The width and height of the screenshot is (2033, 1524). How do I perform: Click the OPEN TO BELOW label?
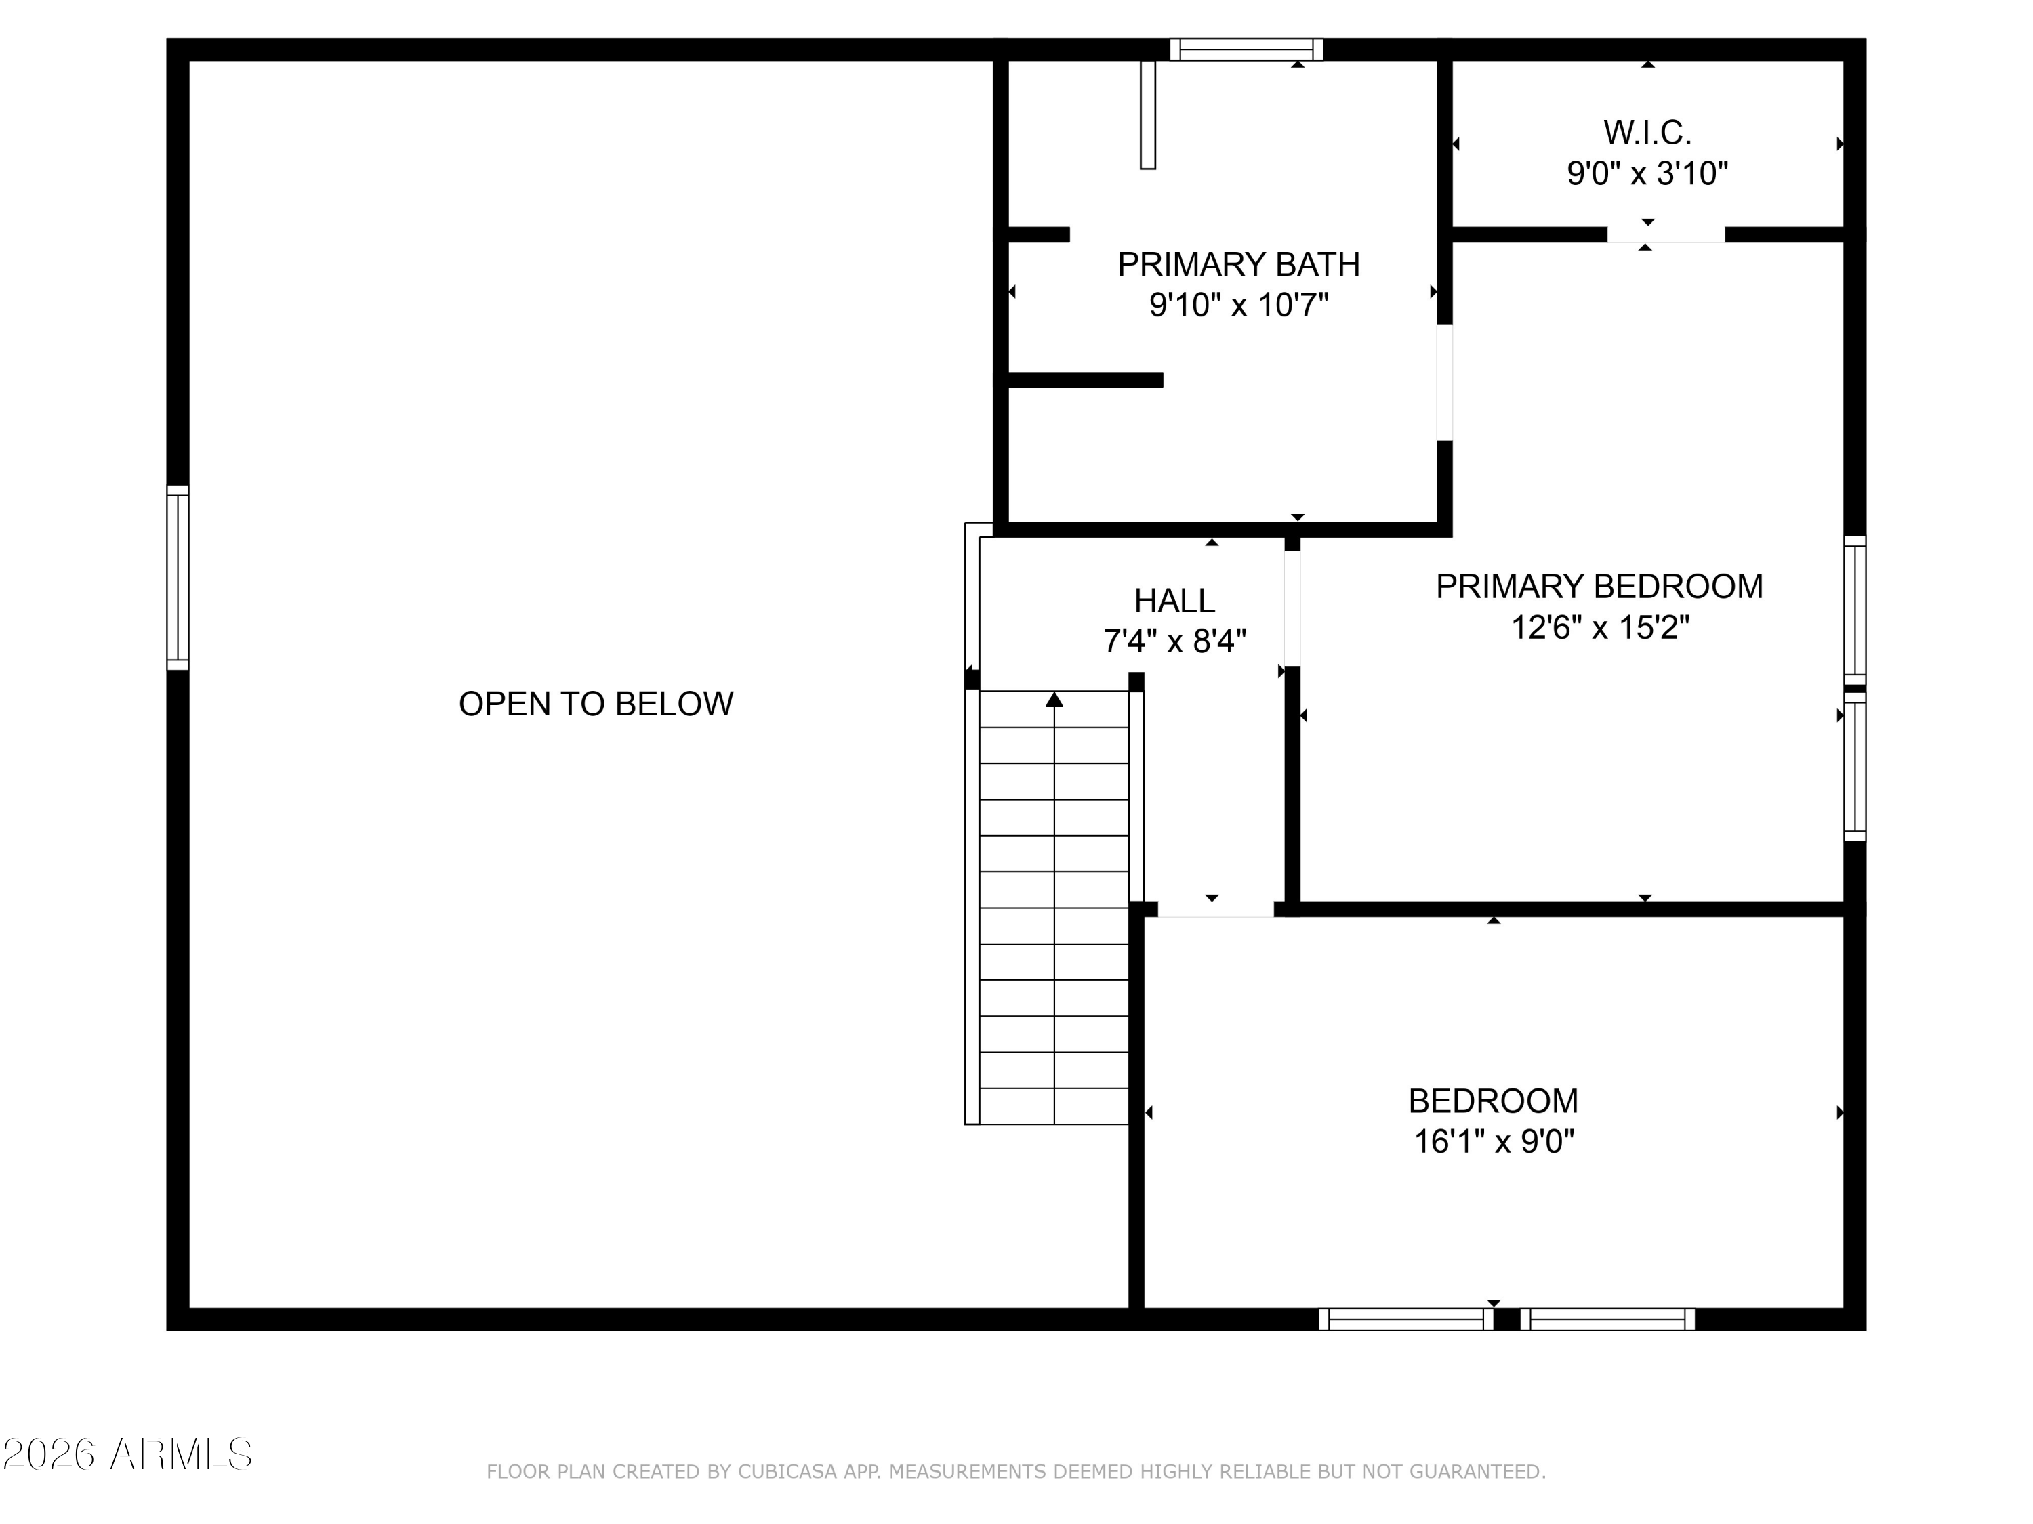coord(596,704)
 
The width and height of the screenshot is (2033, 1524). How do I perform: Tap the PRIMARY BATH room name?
coord(1238,265)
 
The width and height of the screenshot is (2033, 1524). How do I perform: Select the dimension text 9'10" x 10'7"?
coord(1238,304)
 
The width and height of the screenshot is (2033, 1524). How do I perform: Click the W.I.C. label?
coord(1647,132)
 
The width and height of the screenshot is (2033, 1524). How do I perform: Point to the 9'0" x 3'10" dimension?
coord(1647,173)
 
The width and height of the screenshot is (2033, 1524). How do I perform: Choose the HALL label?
coord(1174,601)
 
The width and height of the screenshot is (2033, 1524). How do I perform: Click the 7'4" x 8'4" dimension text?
coord(1174,640)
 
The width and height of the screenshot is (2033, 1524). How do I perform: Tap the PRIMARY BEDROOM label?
coord(1599,586)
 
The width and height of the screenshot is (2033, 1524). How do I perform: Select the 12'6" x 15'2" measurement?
coord(1599,627)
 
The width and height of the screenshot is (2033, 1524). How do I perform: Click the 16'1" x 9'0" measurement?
coord(1494,1142)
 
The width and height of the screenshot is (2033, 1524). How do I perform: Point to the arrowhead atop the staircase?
coord(1054,700)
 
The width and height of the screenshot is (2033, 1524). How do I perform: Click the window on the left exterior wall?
coord(178,578)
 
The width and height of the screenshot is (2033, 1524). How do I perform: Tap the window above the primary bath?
coord(1246,49)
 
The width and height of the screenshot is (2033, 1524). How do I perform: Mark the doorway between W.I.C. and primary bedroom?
coord(1666,235)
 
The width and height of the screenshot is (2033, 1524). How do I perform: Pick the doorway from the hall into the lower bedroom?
coord(1215,910)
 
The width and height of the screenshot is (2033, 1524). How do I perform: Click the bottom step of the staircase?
coord(1054,1106)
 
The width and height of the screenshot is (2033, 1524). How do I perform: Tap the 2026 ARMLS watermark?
coord(127,1454)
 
